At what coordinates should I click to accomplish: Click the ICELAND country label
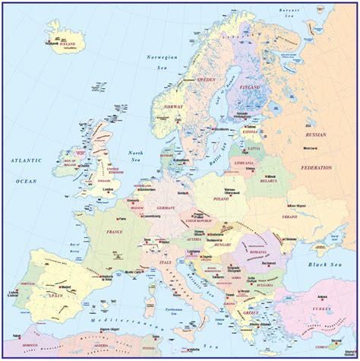[68, 44]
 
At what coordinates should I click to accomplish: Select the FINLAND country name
[251, 87]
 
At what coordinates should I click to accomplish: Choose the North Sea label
[136, 157]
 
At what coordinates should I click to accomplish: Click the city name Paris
[122, 219]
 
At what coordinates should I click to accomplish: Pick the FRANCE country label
[115, 231]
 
